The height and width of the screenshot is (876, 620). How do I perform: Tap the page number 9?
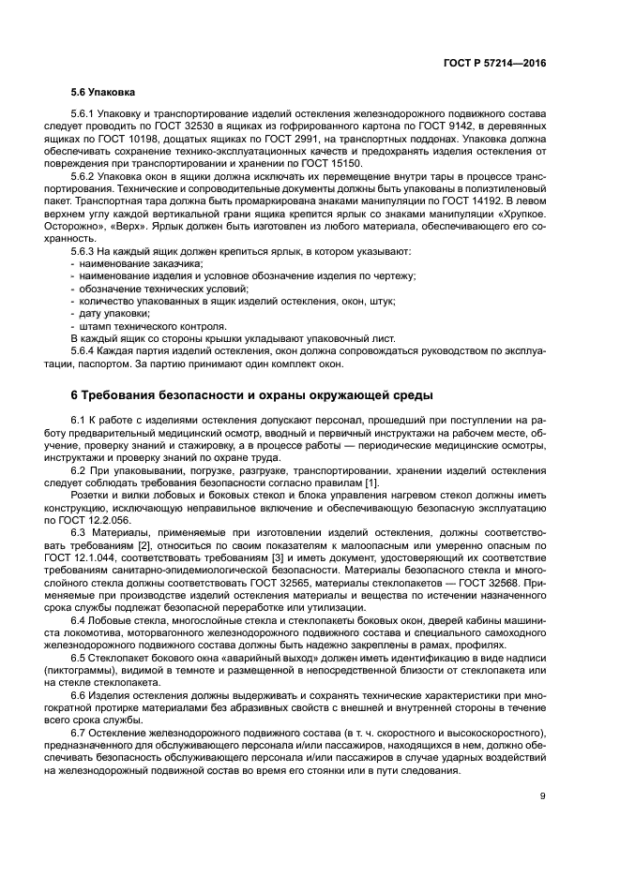(543, 796)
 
